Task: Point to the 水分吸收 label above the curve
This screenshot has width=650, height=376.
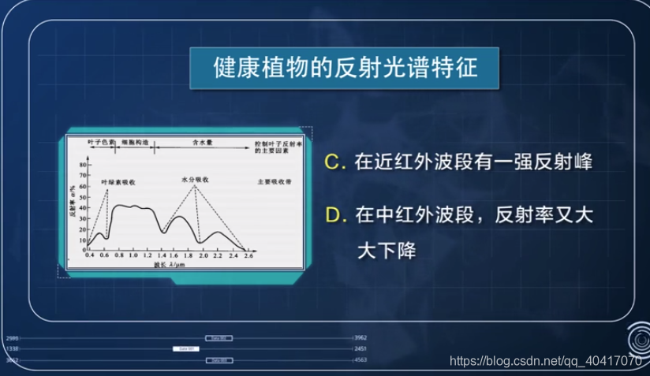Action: [x=194, y=180]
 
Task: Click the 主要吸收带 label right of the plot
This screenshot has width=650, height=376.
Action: [x=274, y=182]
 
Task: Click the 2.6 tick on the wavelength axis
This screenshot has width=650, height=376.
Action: [x=248, y=257]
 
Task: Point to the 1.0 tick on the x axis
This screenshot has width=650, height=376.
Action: [x=133, y=257]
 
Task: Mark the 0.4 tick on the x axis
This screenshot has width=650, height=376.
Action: [x=89, y=257]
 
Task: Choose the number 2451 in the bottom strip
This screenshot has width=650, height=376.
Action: [x=359, y=348]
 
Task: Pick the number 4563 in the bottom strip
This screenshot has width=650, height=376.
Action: [x=359, y=360]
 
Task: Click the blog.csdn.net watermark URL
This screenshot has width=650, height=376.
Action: [x=544, y=360]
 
